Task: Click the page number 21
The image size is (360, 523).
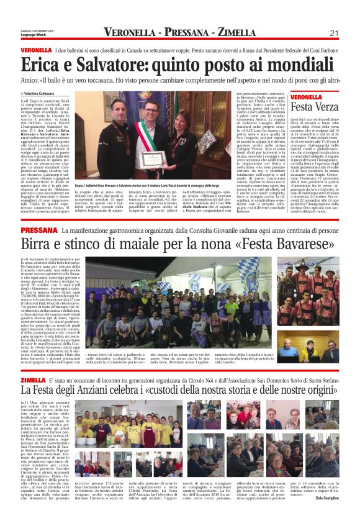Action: pos(334,33)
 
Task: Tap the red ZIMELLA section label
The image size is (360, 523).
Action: pos(34,380)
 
